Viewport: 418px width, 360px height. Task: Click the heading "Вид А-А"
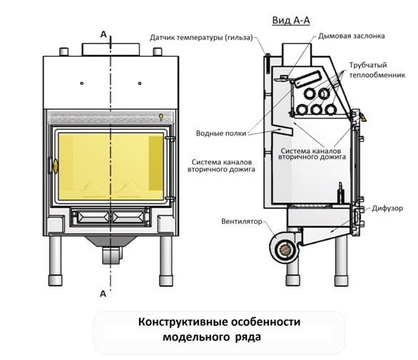(x=291, y=21)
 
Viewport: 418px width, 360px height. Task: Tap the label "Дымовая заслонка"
(x=352, y=36)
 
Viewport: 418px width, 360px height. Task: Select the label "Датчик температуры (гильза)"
(x=201, y=38)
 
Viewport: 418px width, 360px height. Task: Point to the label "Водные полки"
(x=221, y=133)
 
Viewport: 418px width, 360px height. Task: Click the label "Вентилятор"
(x=242, y=222)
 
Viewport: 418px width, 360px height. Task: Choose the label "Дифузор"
(x=387, y=208)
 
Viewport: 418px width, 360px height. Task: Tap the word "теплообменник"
(x=377, y=75)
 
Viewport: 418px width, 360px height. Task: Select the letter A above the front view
(x=103, y=34)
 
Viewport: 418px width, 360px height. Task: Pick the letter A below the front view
(x=103, y=294)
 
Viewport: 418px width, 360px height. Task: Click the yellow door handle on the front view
(x=55, y=166)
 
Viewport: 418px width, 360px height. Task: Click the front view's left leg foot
(x=55, y=280)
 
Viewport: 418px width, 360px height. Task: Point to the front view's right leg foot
(x=166, y=280)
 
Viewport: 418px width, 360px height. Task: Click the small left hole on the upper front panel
(x=82, y=83)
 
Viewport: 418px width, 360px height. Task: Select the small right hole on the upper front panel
(x=140, y=83)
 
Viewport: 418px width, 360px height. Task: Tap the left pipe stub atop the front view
(x=63, y=51)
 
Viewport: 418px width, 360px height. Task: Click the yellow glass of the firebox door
(x=111, y=166)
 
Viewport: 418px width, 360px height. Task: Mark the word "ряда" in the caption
(x=248, y=337)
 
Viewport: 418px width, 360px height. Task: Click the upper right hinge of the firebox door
(x=170, y=138)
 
